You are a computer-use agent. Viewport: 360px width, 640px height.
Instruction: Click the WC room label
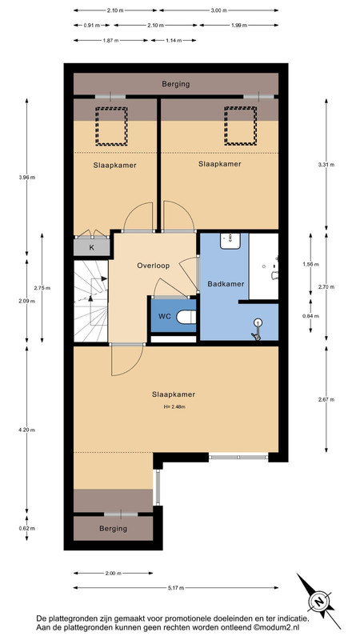pos(165,316)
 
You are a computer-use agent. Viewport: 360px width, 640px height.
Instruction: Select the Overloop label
pos(153,266)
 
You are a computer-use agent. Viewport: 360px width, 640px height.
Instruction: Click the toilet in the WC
pos(187,316)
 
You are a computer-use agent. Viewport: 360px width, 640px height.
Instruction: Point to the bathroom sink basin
pos(230,241)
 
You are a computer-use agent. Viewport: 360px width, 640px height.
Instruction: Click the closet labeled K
pos(92,247)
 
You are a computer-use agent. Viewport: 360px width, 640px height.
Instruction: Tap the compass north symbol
pos(319,602)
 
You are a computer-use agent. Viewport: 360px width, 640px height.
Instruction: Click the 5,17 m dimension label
pos(176,588)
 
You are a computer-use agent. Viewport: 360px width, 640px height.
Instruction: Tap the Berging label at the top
pos(176,84)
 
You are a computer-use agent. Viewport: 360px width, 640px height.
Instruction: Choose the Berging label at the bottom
pos(113,529)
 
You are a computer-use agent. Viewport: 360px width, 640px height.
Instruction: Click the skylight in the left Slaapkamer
pos(111,126)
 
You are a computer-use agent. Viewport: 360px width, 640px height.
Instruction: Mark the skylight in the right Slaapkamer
pos(241,126)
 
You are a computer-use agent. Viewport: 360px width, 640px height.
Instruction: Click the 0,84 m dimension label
pos(310,316)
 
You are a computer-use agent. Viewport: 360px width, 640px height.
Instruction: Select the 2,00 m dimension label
pos(114,573)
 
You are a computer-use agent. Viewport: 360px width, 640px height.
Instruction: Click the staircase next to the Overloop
pos(91,302)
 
